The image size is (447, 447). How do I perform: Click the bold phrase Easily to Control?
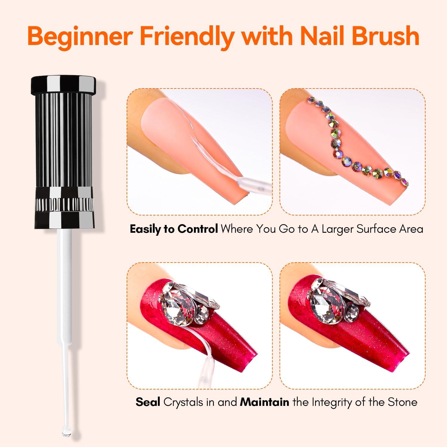pyautogui.click(x=174, y=229)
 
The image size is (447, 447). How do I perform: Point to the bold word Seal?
pyautogui.click(x=148, y=402)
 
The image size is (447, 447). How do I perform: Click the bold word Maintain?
pyautogui.click(x=264, y=402)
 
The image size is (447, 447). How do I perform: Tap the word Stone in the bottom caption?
pyautogui.click(x=402, y=402)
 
